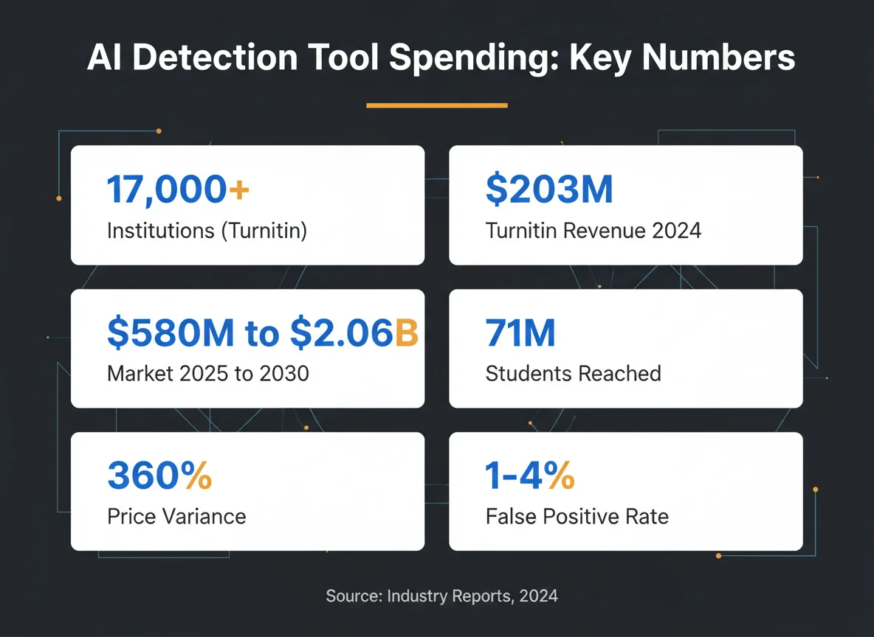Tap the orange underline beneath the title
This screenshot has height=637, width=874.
click(437, 105)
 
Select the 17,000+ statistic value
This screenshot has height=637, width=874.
click(178, 189)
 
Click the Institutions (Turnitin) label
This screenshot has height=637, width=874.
click(207, 231)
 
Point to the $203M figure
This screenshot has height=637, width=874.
click(549, 189)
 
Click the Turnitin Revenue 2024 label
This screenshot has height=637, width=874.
click(593, 231)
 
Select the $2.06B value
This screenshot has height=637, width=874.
click(354, 333)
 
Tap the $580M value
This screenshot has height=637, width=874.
click(172, 333)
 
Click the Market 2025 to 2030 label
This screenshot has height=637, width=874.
click(208, 373)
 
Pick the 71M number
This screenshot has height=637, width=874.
click(520, 333)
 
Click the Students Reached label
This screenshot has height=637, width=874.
click(573, 373)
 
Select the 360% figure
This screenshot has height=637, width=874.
click(159, 476)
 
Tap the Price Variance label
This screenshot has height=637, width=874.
click(176, 515)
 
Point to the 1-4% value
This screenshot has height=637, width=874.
click(530, 476)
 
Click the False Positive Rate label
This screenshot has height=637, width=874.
click(577, 515)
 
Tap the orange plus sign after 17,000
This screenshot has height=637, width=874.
click(238, 190)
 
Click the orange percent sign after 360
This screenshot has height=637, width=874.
click(197, 476)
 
